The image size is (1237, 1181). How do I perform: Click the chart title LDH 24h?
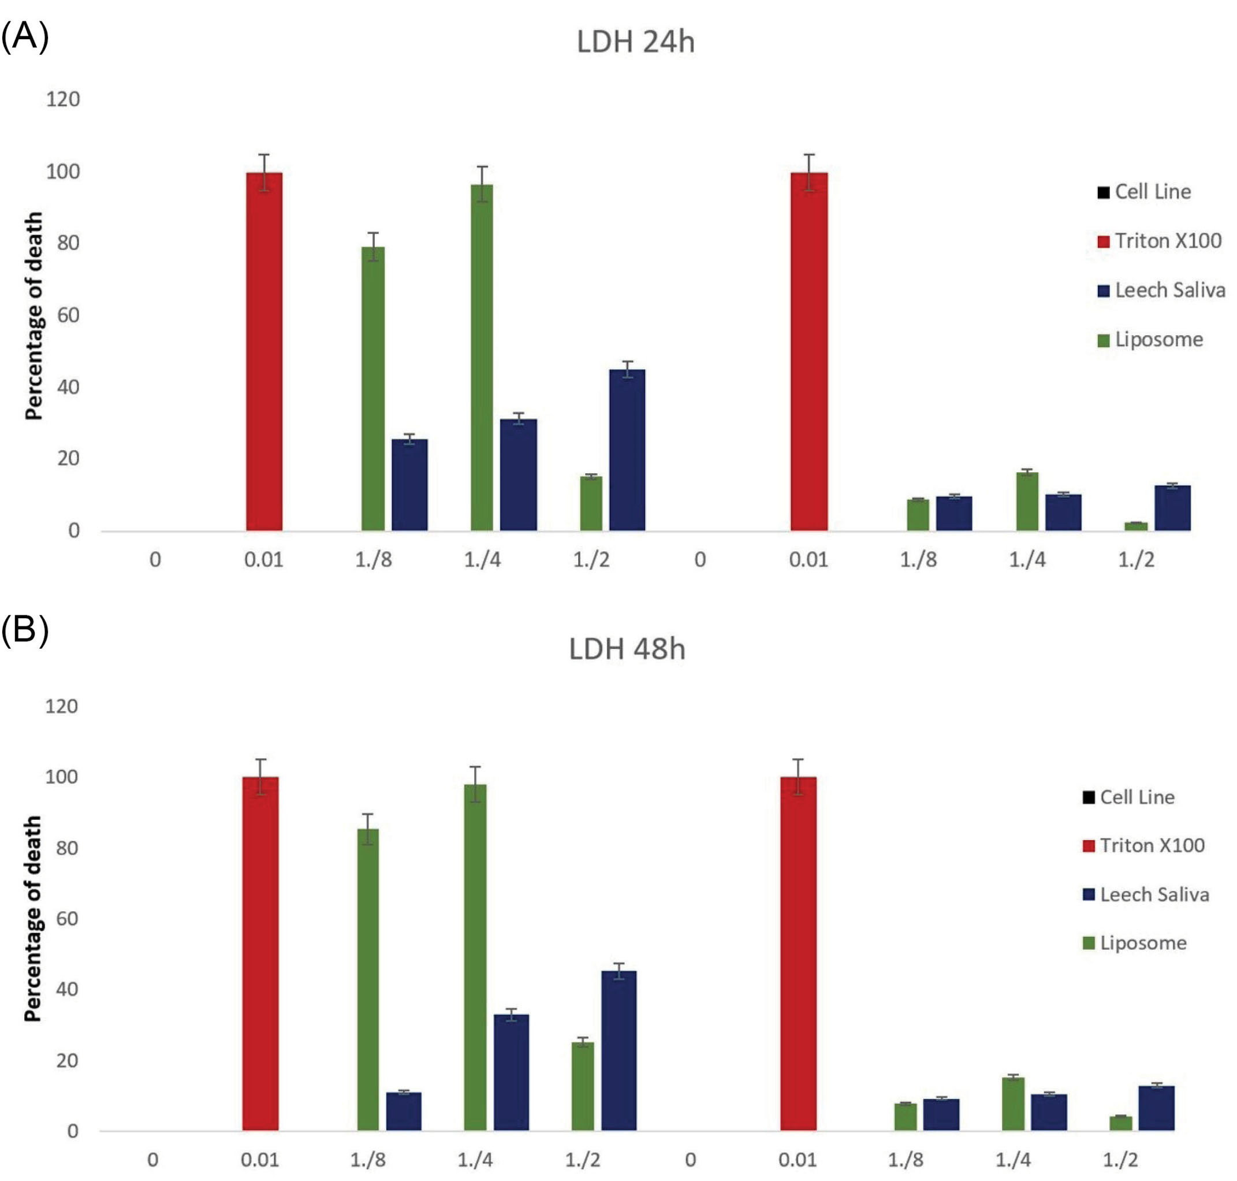click(x=635, y=42)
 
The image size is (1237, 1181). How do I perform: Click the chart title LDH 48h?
click(x=627, y=649)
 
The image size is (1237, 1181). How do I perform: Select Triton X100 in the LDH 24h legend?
click(x=1168, y=240)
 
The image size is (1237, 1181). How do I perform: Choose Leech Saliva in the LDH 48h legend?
click(x=1154, y=894)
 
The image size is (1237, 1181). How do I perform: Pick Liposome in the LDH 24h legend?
click(x=1158, y=339)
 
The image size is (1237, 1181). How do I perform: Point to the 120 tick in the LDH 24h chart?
click(x=63, y=99)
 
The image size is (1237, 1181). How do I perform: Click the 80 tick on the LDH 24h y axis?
click(x=68, y=243)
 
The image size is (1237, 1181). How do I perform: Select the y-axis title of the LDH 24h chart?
click(x=33, y=315)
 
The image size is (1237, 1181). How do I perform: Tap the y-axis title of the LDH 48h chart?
click(x=32, y=919)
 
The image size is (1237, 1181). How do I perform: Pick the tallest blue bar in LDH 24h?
click(x=627, y=450)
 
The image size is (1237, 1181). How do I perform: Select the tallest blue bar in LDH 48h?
click(x=618, y=1052)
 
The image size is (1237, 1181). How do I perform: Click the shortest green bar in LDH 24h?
click(x=1137, y=526)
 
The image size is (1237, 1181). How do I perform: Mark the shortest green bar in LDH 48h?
click(x=1120, y=1124)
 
